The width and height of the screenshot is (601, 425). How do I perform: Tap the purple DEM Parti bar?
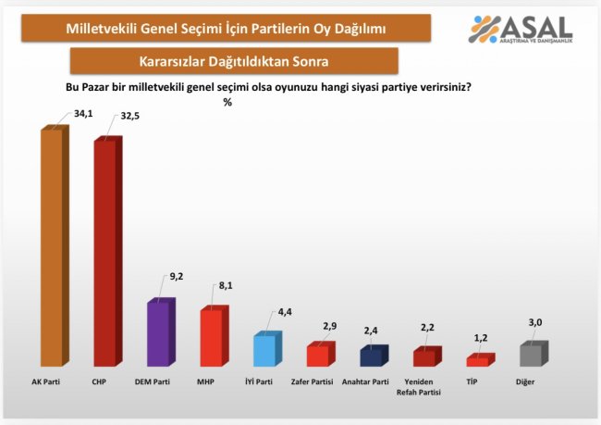coord(157,333)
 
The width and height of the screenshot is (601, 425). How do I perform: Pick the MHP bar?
coord(211,337)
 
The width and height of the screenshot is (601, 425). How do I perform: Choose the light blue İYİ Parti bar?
coord(264,349)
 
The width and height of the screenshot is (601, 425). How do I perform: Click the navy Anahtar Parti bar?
coord(371,356)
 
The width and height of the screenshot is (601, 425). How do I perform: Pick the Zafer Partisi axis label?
coord(313,381)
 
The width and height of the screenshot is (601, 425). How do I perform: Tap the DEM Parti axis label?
coord(153,381)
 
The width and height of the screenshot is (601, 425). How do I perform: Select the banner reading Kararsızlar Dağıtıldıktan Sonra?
coord(234,61)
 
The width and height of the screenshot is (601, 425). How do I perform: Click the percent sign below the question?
coord(227,102)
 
